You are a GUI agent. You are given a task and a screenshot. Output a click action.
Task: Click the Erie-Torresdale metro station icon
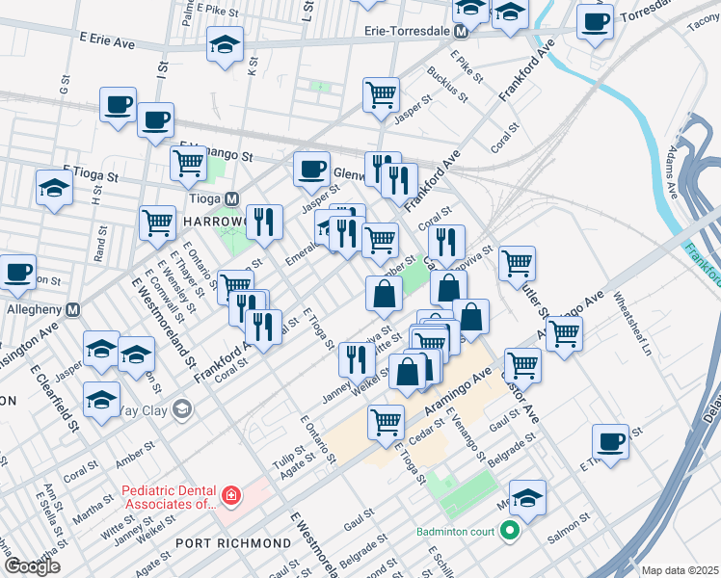tap(461, 31)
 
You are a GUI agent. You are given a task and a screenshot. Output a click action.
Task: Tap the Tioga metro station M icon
tap(231, 197)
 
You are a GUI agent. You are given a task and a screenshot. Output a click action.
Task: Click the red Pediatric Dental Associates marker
tap(230, 496)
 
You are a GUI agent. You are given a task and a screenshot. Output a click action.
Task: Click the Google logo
tap(32, 566)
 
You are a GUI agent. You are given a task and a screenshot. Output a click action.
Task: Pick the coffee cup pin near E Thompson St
tap(610, 440)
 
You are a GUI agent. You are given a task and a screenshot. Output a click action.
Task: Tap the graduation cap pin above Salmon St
tap(526, 497)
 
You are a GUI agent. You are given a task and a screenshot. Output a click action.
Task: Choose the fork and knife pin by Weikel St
tap(358, 359)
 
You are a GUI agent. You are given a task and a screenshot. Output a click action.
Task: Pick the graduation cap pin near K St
tap(225, 44)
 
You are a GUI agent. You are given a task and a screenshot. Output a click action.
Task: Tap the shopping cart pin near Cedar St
tap(386, 421)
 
